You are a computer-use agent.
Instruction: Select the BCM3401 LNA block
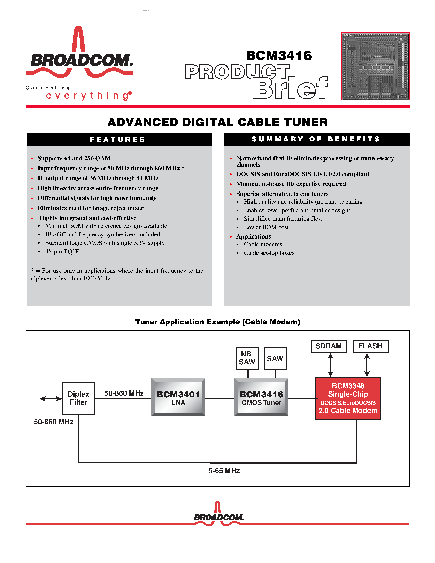point(178,397)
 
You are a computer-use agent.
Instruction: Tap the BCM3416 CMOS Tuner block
point(261,397)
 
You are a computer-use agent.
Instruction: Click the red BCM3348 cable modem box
point(348,398)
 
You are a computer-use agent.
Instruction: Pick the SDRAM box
point(328,346)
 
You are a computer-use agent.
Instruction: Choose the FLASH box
point(370,346)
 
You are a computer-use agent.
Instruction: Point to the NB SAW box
point(247,358)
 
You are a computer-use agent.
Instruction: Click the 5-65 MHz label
point(224,471)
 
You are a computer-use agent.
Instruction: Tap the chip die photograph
point(375,66)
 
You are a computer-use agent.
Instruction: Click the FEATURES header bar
point(119,140)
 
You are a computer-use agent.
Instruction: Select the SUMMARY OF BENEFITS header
point(317,139)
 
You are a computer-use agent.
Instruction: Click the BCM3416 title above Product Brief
point(279,56)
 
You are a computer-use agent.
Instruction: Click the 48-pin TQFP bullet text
point(62,251)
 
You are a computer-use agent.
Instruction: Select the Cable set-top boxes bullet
point(269,253)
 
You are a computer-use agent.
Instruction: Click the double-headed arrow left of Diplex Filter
point(51,399)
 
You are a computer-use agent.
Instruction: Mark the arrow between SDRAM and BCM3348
point(330,365)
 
